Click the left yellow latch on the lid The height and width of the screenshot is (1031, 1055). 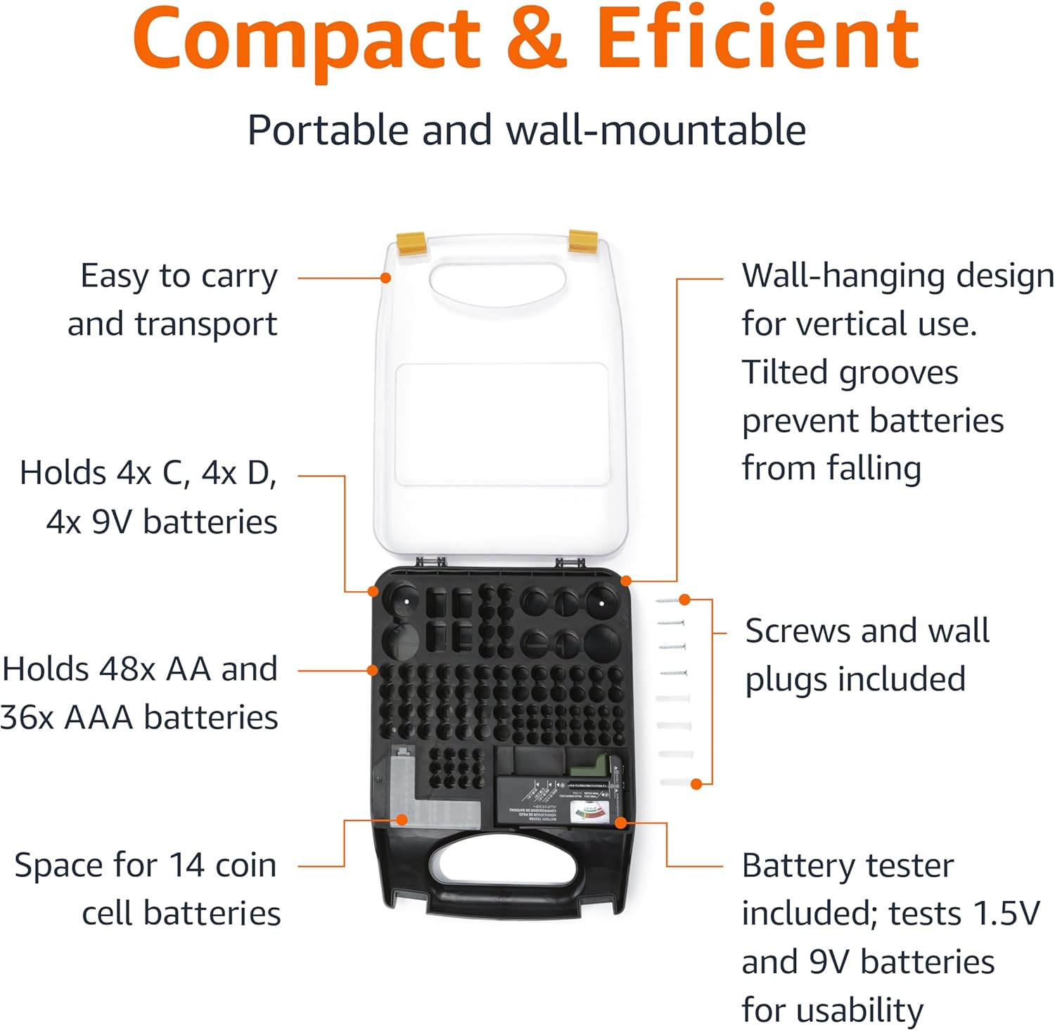pos(411,243)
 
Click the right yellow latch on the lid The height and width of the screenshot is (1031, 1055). pos(583,240)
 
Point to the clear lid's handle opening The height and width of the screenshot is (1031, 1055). pos(497,285)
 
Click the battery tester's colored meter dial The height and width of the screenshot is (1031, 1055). pos(589,814)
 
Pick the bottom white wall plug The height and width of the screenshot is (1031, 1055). pos(677,781)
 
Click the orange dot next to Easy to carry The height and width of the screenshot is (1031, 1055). pos(385,278)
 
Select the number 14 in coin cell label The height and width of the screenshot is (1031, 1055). pos(186,866)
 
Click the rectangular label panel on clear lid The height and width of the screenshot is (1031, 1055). pos(501,424)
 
